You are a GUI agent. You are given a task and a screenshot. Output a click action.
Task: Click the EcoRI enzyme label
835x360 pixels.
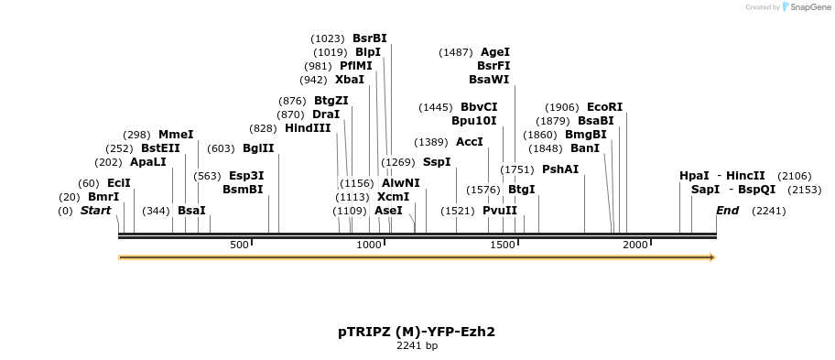(604, 107)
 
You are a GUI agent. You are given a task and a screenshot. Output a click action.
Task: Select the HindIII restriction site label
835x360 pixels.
(308, 128)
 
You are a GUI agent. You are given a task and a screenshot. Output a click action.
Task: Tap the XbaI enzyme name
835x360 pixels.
(349, 80)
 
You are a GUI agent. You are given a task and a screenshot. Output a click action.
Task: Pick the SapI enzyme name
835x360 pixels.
(705, 190)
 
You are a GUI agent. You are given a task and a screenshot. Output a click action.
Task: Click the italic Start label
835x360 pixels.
(95, 211)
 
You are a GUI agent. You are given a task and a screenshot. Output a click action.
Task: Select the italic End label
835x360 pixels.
(727, 211)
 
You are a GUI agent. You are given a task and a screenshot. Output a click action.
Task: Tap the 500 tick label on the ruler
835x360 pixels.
(239, 245)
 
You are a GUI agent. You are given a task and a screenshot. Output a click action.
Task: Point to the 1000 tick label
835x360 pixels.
(368, 245)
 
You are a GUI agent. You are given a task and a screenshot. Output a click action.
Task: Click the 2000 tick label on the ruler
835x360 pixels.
(635, 245)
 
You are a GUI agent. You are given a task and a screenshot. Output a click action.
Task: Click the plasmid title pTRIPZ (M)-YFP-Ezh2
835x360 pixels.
(417, 332)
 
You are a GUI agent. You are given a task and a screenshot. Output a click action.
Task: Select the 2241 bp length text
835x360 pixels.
(417, 346)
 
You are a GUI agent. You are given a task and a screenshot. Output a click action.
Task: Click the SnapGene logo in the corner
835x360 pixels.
(804, 7)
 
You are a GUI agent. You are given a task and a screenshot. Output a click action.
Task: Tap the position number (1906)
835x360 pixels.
(563, 107)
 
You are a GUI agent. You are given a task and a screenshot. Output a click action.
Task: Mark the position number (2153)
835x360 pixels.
(793, 190)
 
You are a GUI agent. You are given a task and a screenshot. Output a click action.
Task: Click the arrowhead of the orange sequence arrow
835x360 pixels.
(710, 257)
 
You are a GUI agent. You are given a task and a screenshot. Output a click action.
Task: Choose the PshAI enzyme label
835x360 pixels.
(560, 169)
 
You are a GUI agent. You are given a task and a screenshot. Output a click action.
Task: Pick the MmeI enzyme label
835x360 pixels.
(176, 135)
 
